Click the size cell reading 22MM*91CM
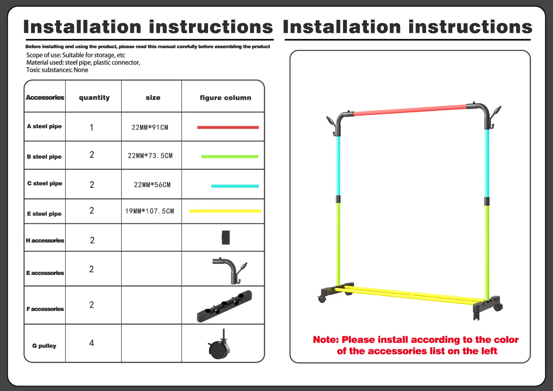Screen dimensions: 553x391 [x=150, y=127]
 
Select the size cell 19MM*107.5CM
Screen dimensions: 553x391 [x=149, y=211]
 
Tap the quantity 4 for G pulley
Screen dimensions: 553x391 [x=92, y=343]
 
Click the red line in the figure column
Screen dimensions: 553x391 [x=228, y=127]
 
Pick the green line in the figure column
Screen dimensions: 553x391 [x=230, y=156]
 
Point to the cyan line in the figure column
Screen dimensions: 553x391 [x=235, y=186]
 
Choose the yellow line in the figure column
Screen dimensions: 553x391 [x=225, y=211]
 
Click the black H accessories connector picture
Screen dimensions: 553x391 [x=226, y=237]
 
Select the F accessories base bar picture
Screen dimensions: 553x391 [x=224, y=306]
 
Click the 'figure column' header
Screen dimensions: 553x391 [x=226, y=98]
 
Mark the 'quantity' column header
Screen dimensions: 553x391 [x=94, y=98]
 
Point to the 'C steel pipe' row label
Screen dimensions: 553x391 [x=45, y=183]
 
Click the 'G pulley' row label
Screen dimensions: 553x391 [x=44, y=346]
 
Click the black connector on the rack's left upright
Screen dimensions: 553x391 [x=338, y=199]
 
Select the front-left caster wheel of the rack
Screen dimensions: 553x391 [x=322, y=299]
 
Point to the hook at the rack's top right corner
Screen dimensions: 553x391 [x=495, y=117]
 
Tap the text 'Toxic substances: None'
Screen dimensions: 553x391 [x=57, y=70]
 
